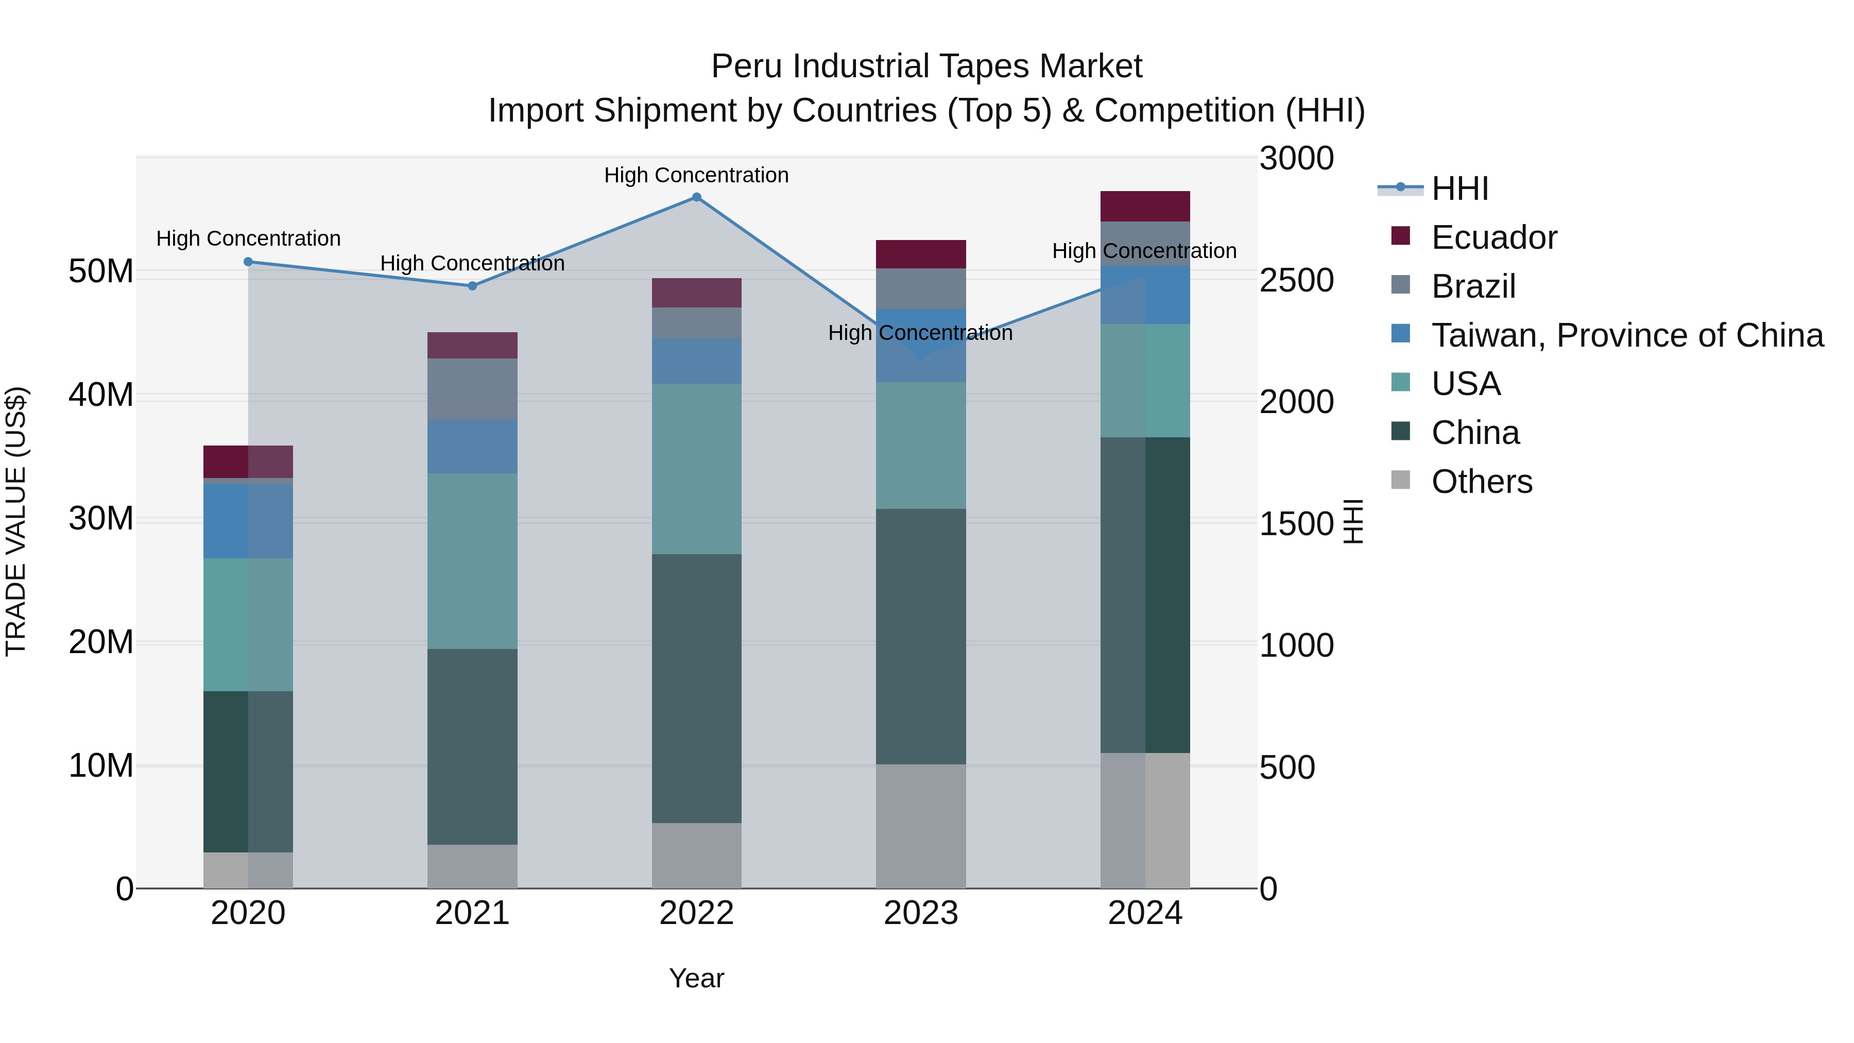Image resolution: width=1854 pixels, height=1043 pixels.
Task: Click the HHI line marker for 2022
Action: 696,197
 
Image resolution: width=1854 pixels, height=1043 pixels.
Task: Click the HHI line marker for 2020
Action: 248,262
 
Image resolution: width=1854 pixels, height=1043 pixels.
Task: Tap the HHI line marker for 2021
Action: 472,286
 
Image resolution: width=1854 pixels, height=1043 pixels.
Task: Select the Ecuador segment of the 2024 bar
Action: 1144,207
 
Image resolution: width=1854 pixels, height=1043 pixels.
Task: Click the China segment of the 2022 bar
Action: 696,688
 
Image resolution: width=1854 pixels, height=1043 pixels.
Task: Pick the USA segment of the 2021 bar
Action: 472,561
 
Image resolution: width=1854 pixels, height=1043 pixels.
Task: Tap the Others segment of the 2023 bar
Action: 920,826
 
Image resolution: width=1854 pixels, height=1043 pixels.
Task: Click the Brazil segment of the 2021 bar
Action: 472,389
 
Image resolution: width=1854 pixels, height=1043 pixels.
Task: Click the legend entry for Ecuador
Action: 1493,237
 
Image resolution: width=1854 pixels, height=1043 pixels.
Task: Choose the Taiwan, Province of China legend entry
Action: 1626,335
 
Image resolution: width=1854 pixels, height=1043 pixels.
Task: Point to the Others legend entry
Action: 1481,482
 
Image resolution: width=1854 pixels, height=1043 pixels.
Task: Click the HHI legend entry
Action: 1459,189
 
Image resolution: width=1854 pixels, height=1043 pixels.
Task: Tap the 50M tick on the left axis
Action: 101,272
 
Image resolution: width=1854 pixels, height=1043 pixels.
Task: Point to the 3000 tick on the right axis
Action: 1296,158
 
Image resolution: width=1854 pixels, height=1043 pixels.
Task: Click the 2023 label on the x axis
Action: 920,913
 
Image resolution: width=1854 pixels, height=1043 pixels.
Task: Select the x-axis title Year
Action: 696,978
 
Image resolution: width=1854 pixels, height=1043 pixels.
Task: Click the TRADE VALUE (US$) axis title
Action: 16,521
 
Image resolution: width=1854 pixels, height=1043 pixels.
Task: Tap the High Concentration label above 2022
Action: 696,175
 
